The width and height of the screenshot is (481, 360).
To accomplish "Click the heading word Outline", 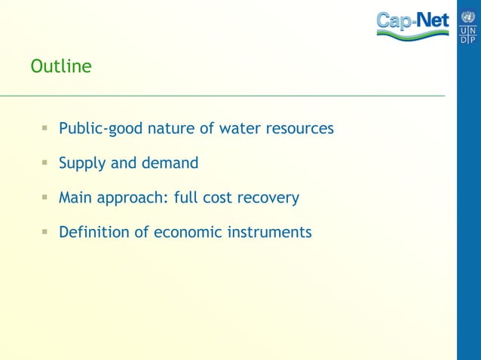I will (x=61, y=67).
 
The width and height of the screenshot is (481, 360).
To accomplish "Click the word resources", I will (x=299, y=129).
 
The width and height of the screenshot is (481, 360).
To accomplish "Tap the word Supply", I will (x=82, y=163).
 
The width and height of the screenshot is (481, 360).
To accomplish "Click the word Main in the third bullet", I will (x=75, y=198).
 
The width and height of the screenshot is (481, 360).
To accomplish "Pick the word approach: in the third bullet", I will (x=133, y=199).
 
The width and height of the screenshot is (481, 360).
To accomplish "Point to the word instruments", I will (x=269, y=233).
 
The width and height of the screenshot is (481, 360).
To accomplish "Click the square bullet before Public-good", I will (x=46, y=129).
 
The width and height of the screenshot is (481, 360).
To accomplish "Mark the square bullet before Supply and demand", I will (x=46, y=163).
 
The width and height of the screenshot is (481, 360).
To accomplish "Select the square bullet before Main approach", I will (x=46, y=198).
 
